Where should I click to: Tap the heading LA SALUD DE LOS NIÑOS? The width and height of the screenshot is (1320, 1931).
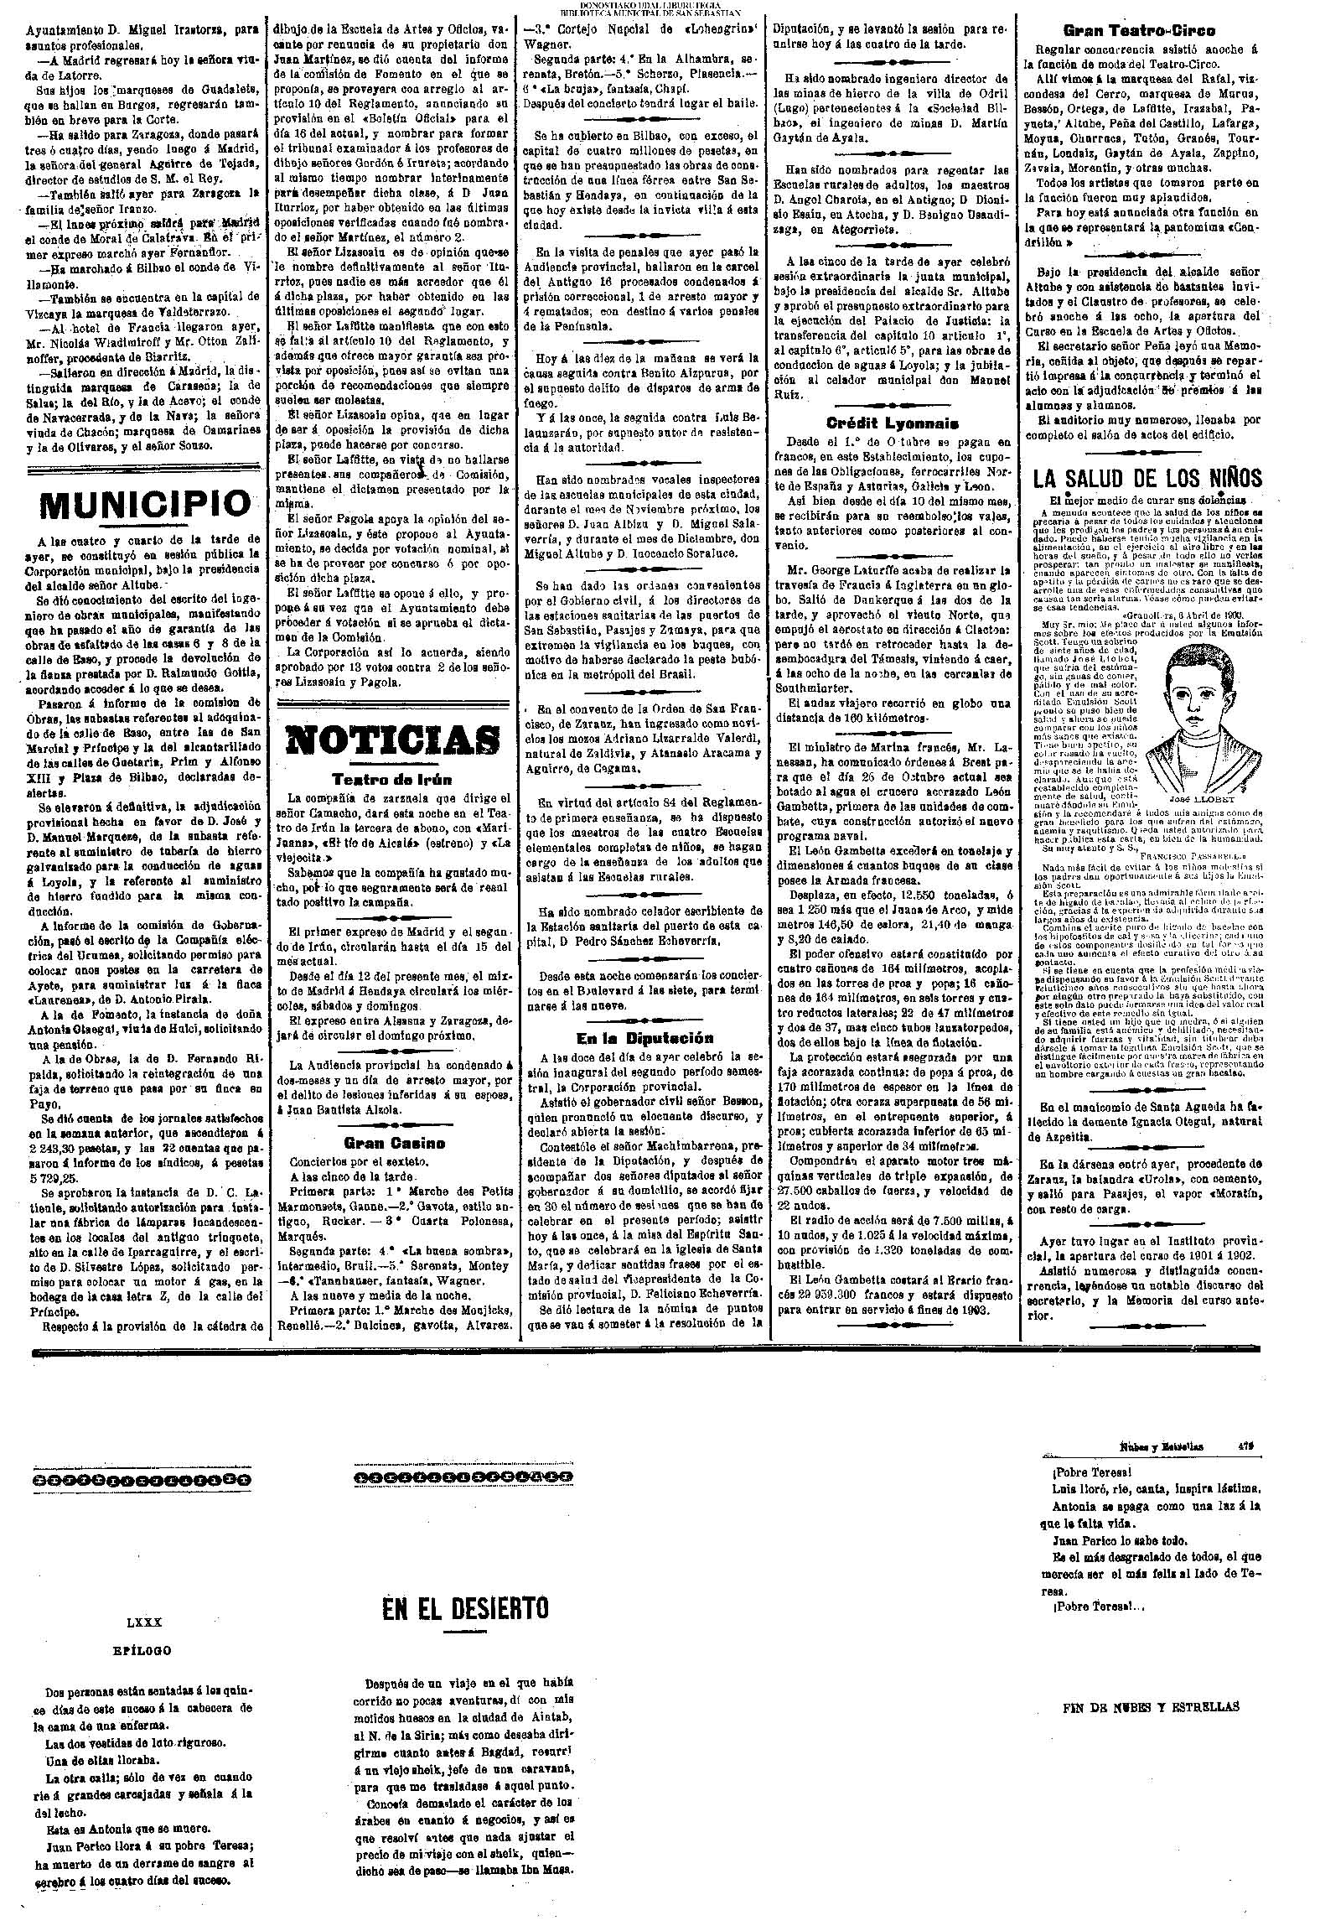coord(1147,479)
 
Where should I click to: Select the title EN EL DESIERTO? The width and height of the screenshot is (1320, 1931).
coord(464,1607)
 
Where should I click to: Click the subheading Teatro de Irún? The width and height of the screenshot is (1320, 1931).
coord(394,779)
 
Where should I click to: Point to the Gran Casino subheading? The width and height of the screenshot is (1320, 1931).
coord(394,1142)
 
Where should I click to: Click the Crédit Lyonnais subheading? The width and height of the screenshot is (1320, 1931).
coord(892,423)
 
